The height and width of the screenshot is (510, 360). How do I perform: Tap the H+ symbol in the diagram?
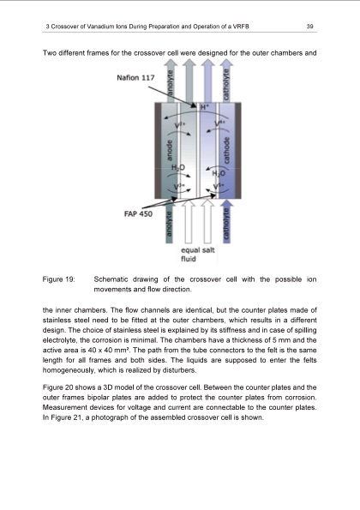click(204, 108)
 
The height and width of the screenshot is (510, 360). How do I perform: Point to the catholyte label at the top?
click(225, 83)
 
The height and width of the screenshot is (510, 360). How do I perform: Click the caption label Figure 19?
click(59, 279)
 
